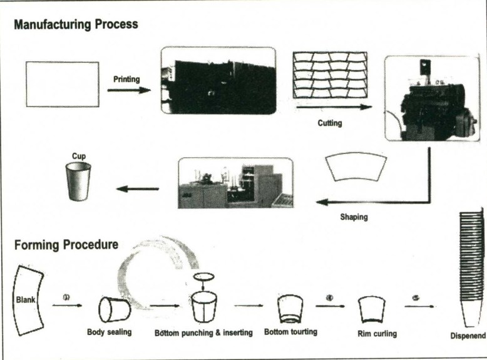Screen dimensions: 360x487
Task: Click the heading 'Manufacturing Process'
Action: click(76, 24)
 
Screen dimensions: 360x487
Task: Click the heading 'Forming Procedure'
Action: click(66, 244)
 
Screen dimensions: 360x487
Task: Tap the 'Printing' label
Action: click(126, 80)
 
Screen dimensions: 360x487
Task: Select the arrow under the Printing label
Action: click(128, 90)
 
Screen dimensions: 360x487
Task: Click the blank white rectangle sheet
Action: click(62, 84)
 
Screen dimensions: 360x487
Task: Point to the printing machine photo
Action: click(218, 80)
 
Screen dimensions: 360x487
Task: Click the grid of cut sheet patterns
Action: click(329, 75)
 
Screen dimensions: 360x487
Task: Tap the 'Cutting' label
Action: click(330, 123)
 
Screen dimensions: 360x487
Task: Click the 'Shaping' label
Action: click(354, 217)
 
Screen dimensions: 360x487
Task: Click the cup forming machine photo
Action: click(235, 183)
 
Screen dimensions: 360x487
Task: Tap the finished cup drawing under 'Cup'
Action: click(78, 182)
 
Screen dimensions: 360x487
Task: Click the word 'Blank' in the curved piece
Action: click(26, 299)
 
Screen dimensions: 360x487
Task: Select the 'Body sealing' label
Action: click(110, 332)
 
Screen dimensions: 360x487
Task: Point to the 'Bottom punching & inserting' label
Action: click(203, 332)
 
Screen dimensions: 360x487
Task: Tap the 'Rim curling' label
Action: click(376, 333)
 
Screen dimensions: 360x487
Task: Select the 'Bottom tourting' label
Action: click(290, 331)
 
